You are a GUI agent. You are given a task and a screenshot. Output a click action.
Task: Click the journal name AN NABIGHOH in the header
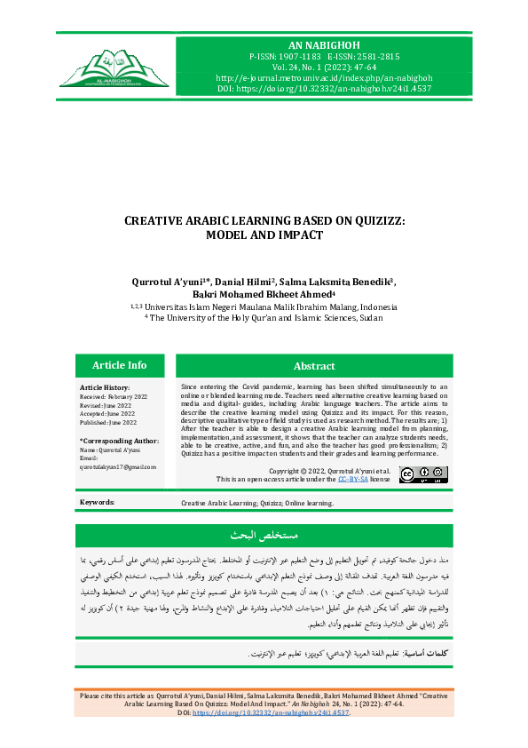click(x=320, y=44)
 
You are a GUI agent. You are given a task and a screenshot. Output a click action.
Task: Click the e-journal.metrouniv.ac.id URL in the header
click(x=320, y=77)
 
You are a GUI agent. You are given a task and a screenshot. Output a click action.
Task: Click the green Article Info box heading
click(x=119, y=365)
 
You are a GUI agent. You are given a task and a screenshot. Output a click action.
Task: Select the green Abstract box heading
click(x=314, y=365)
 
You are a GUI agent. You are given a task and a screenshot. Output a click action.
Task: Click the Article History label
click(x=105, y=388)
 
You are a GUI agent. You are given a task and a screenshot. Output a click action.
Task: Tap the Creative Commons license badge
click(x=423, y=474)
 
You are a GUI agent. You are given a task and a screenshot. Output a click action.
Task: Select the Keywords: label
click(x=97, y=502)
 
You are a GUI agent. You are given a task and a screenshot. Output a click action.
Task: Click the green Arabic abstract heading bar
click(x=264, y=536)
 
